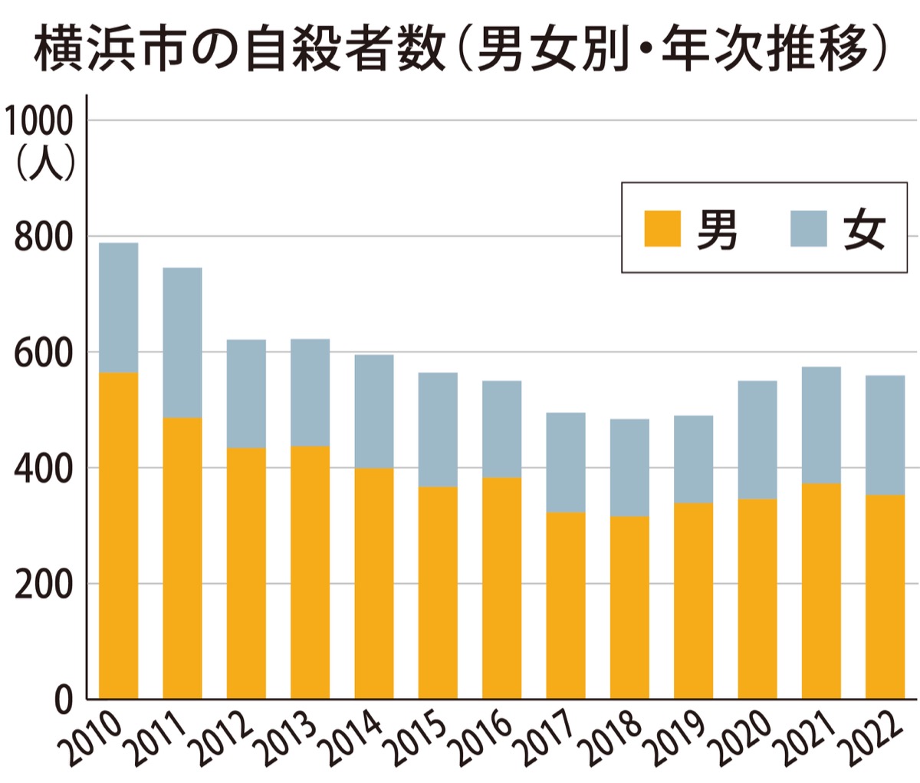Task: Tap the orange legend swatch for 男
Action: coord(662,228)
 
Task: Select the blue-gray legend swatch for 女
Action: coord(808,228)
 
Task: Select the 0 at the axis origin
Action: coord(64,699)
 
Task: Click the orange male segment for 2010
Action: coord(119,536)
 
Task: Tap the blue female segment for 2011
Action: coord(182,342)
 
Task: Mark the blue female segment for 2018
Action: coord(629,467)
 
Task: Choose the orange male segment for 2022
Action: coord(885,598)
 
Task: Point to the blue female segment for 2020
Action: coord(757,440)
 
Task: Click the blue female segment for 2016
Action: coord(501,429)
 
